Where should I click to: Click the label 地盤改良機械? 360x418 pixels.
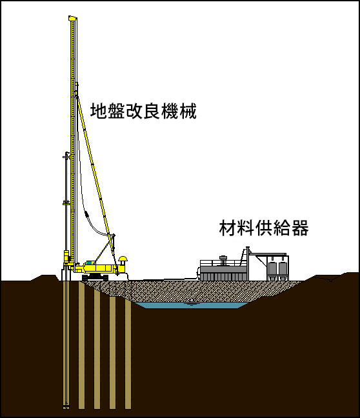tap(143, 111)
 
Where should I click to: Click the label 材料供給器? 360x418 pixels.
tap(264, 228)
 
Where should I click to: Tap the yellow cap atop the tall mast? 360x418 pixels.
tap(72, 19)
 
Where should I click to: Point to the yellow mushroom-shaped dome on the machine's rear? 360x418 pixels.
tap(123, 259)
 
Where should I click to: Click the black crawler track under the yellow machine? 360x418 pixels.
tap(95, 278)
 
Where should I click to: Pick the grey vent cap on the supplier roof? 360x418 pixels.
tap(223, 258)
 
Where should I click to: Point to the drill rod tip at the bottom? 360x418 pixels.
tap(66, 407)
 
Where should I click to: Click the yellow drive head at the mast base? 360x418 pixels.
tap(66, 257)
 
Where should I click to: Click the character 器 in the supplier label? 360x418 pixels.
tap(300, 228)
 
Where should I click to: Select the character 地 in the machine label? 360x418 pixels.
tap(99, 111)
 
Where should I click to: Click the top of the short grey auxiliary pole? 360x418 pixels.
tap(66, 153)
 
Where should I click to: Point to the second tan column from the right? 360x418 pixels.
tap(112, 353)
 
